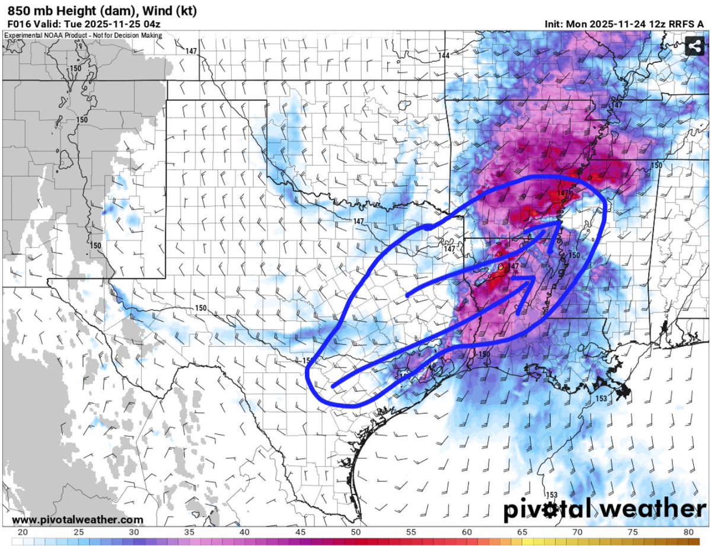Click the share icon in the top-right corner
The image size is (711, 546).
693,46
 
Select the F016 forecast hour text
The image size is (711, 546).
19,24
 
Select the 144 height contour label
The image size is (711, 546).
444,55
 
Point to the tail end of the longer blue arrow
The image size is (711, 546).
333,387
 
